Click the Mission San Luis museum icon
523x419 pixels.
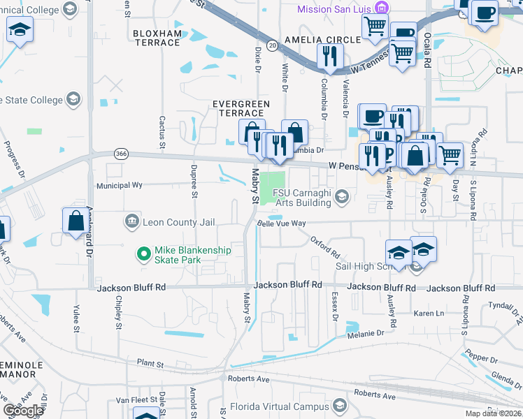coord(382,8)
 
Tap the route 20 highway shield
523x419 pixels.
coord(271,44)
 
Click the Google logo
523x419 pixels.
coord(24,411)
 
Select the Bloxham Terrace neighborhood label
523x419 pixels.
coord(157,38)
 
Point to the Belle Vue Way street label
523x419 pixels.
coord(282,223)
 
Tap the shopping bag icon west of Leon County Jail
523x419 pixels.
coord(75,221)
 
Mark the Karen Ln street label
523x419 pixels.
coord(429,313)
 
